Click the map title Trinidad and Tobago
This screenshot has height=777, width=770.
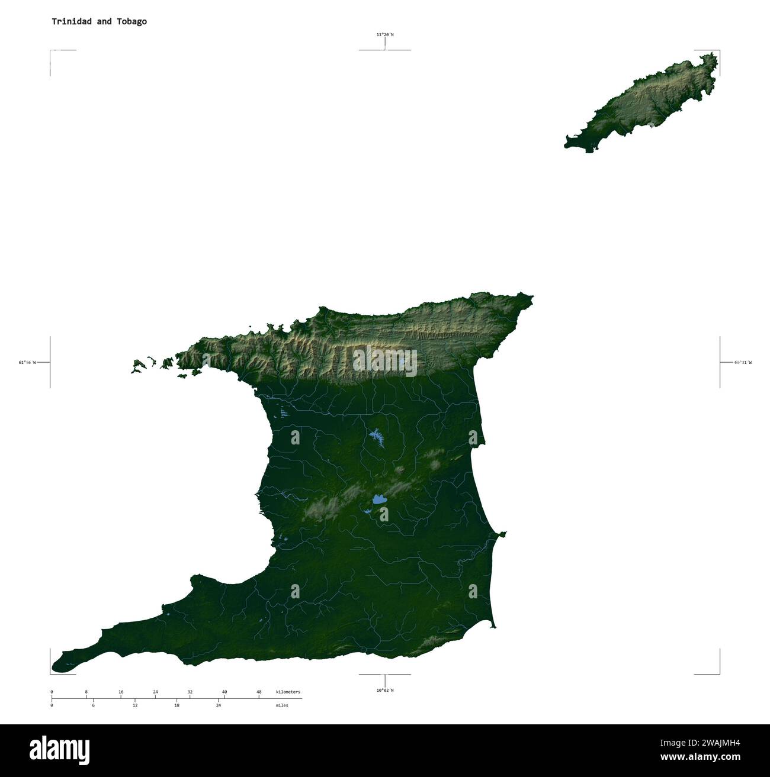coord(99,21)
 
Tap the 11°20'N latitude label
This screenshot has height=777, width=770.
coord(384,35)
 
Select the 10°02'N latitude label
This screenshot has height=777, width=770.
coord(384,690)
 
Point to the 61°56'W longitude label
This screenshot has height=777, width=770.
coord(27,362)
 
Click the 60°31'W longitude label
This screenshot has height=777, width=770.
coord(743,362)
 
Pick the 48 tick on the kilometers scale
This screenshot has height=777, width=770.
coord(259,692)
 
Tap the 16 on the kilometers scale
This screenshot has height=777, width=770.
coord(121,692)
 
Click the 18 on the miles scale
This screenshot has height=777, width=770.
coord(177,705)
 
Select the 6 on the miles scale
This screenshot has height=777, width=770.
coord(93,705)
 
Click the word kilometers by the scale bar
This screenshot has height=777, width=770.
coord(288,692)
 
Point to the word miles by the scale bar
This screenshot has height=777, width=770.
coord(282,705)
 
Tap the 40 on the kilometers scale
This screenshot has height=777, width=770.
coord(224,692)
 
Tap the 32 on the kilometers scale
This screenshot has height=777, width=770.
coord(190,692)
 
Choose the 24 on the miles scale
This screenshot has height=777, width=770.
coord(219,705)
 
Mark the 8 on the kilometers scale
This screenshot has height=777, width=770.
coord(86,692)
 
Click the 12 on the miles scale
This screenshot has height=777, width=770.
coord(135,705)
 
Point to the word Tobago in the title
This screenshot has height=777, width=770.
coord(132,21)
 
